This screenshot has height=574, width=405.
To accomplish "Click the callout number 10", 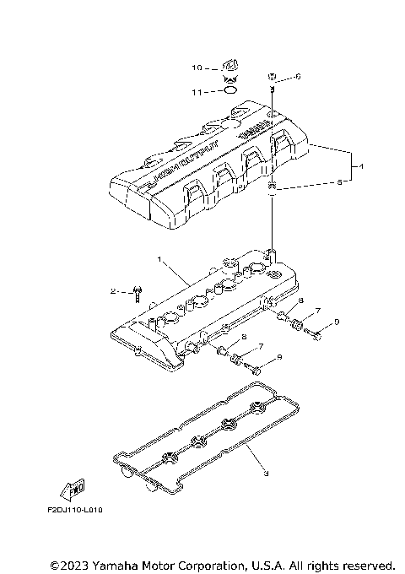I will pyautogui.click(x=196, y=68).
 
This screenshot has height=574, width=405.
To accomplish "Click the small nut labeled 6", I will pyautogui.click(x=273, y=76).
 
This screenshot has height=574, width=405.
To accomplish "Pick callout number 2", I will pyautogui.click(x=112, y=291).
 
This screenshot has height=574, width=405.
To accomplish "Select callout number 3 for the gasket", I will pyautogui.click(x=266, y=474).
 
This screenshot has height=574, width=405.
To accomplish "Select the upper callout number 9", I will pyautogui.click(x=336, y=322).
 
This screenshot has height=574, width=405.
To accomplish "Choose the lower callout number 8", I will pyautogui.click(x=244, y=337).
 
